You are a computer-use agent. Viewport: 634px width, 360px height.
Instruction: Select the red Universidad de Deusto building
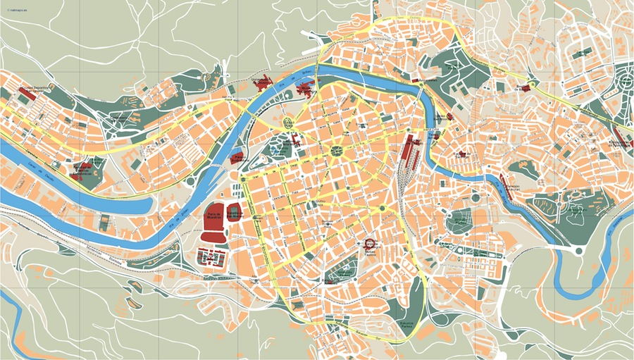[262, 82]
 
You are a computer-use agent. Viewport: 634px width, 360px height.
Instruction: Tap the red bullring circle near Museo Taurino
[370, 244]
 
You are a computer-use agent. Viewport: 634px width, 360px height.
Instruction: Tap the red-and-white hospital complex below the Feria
[212, 259]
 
